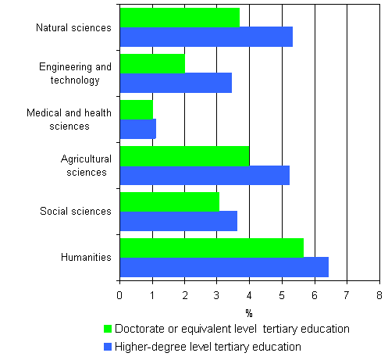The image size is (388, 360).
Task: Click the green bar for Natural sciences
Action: pyautogui.click(x=180, y=17)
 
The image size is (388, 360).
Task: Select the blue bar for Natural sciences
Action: pyautogui.click(x=206, y=37)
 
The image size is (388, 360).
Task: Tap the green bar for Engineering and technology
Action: pyautogui.click(x=152, y=64)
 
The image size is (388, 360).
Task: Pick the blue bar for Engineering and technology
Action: pyautogui.click(x=176, y=83)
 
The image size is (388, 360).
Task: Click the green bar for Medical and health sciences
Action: pyautogui.click(x=136, y=109)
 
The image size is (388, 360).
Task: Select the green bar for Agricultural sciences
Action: pyautogui.click(x=184, y=155)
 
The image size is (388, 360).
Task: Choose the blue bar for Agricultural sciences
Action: pyautogui.click(x=205, y=175)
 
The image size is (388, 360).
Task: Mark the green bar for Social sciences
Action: pyautogui.click(x=169, y=201)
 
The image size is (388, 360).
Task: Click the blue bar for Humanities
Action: pyautogui.click(x=224, y=267)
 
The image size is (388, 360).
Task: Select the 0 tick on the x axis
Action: pyautogui.click(x=119, y=295)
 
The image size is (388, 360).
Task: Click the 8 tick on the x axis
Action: pyautogui.click(x=379, y=295)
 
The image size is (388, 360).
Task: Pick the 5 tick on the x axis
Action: pyautogui.click(x=281, y=295)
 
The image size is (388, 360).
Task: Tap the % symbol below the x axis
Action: pyautogui.click(x=249, y=309)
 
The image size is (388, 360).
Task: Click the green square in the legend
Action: pyautogui.click(x=108, y=329)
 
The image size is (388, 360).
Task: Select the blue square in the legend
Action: pyautogui.click(x=108, y=346)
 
